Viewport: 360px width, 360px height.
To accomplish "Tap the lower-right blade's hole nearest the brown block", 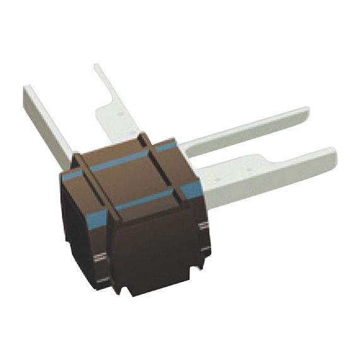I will pos(218,179).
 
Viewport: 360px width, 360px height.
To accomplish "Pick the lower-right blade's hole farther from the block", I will pos(249,169).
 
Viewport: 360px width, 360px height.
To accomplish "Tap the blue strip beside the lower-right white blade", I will pos(192,187).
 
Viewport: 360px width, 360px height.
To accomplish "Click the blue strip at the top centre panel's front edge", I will pos(144,200).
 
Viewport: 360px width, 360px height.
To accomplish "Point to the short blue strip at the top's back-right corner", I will pos(166,147).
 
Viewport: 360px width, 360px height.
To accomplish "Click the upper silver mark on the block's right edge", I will pos(203,225).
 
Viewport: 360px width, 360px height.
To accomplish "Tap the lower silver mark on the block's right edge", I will pos(205,248).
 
